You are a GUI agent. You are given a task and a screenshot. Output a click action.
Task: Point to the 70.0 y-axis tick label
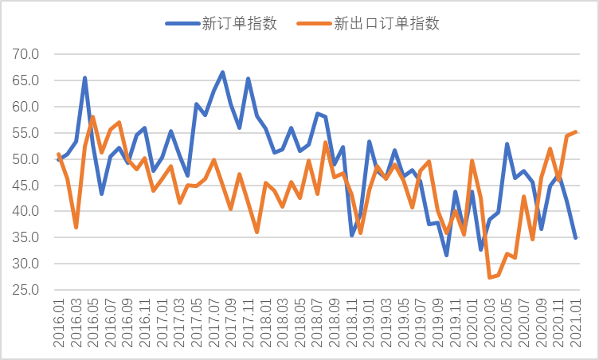point(25,54)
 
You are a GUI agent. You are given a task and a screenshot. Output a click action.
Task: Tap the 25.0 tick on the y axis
point(25,290)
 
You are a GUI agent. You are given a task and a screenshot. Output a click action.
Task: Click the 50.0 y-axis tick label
point(25,159)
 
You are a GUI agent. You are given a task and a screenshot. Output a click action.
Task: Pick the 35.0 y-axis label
point(25,237)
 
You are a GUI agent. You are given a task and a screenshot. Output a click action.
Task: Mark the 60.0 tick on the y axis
point(25,107)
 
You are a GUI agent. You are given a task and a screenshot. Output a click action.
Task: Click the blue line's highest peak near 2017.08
point(222,72)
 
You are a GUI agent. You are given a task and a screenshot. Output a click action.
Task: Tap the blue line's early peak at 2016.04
point(84,78)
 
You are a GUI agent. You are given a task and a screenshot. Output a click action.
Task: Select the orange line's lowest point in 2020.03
point(489,277)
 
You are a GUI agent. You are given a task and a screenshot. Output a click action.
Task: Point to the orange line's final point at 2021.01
point(575,132)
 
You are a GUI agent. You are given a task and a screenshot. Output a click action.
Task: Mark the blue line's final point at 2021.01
point(575,237)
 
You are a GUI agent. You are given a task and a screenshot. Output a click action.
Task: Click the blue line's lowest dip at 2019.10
point(446,255)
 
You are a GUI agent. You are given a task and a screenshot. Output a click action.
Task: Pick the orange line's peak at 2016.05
point(93,117)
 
